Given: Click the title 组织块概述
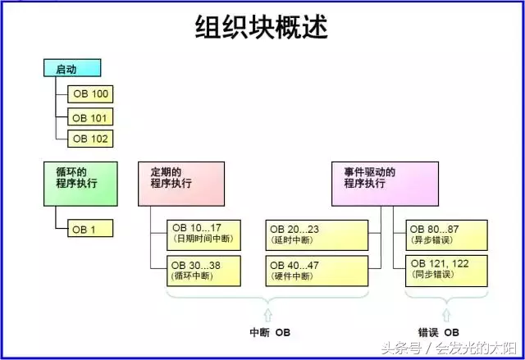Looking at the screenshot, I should (x=262, y=27).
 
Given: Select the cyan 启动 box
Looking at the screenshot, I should (x=72, y=69).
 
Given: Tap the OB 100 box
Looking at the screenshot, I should (x=90, y=93).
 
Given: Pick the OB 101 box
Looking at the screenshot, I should (x=90, y=117).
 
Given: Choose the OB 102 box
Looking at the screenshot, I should (x=90, y=139).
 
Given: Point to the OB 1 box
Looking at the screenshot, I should (x=90, y=230).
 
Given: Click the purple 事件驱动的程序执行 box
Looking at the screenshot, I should (x=378, y=183).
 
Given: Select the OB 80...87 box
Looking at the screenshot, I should (x=446, y=234).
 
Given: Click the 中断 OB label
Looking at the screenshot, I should (x=270, y=332).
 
